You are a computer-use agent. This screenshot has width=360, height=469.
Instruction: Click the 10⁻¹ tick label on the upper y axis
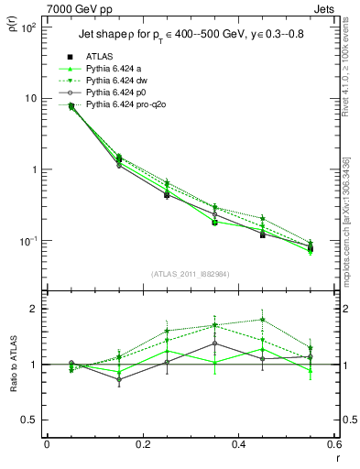pyautogui.click(x=26, y=241)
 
